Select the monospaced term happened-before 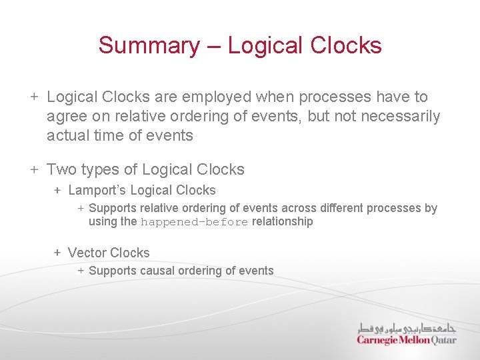(194, 222)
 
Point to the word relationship (282, 221)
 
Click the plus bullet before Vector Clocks (58, 253)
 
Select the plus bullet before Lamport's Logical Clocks (58, 190)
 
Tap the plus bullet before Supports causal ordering (80, 271)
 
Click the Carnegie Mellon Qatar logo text (407, 340)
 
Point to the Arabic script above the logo (407, 328)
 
